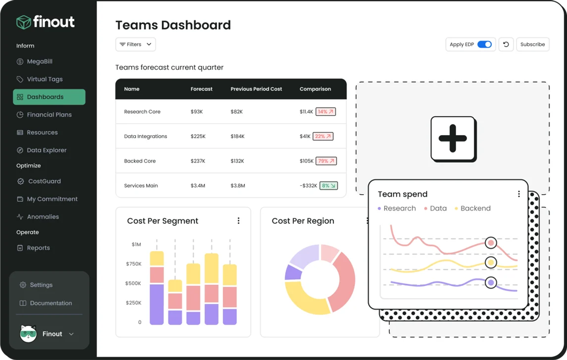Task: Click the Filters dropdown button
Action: click(136, 44)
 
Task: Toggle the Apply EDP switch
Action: click(484, 44)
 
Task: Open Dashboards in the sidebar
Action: click(49, 97)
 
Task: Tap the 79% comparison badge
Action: click(326, 161)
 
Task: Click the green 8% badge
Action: click(328, 186)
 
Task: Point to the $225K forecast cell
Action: click(198, 137)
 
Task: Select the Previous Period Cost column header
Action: click(256, 89)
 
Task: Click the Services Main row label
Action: click(141, 186)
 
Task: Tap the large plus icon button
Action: click(453, 139)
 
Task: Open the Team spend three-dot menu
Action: click(519, 194)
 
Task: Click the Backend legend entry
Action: click(472, 208)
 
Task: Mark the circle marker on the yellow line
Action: click(491, 263)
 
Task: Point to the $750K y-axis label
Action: click(134, 264)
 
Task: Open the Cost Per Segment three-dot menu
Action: click(239, 221)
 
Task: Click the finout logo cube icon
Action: click(24, 22)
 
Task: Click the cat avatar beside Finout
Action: click(28, 334)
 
